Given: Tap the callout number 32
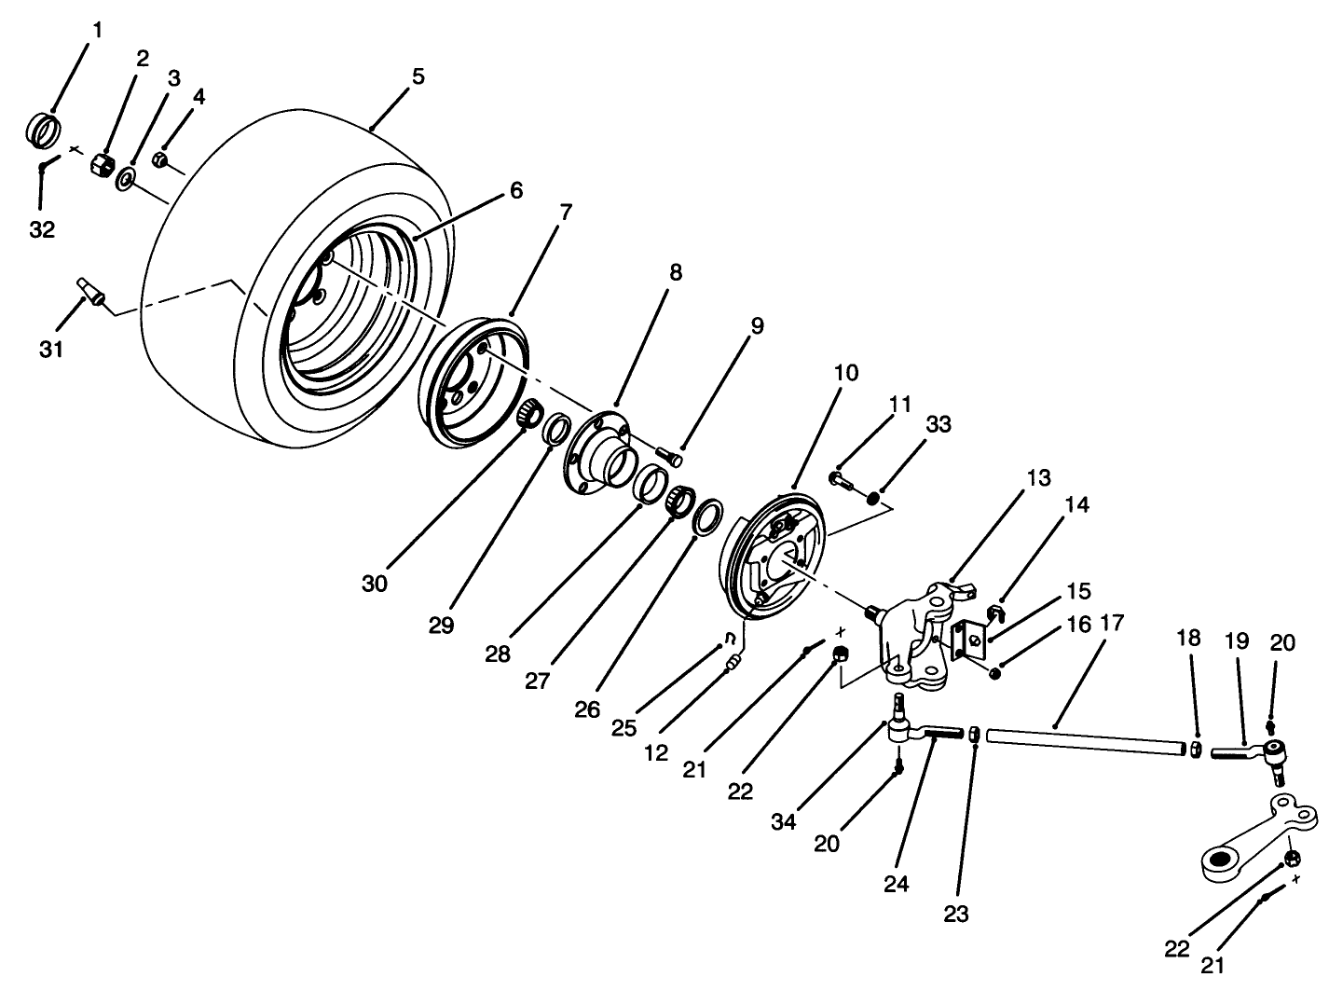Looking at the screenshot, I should coord(42,230).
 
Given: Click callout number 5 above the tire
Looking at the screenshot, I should coord(418,76).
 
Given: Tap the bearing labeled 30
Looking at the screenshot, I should coord(529,412).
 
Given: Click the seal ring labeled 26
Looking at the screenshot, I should coord(708,516).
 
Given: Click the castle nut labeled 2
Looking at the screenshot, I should coord(103,166).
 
